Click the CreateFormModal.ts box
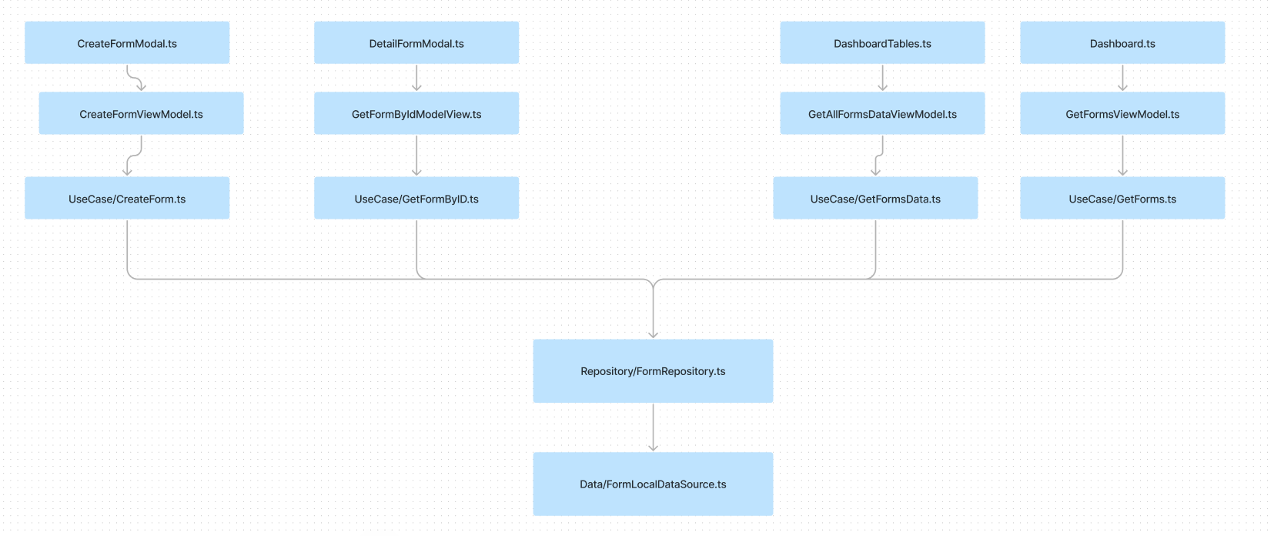tap(127, 43)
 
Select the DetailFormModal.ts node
tap(416, 43)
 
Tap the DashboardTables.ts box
tap(882, 43)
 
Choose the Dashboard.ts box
tap(1122, 43)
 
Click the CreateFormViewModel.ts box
tap(141, 114)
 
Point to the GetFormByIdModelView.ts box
tap(416, 114)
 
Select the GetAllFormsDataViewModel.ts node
tap(882, 114)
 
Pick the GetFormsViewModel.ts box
tap(1122, 114)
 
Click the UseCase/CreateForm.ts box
tap(127, 199)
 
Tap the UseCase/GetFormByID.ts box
tap(416, 199)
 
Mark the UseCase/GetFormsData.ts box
tap(875, 199)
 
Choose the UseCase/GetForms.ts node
tap(1122, 199)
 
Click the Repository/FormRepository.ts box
tap(653, 371)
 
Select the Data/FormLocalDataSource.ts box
tap(653, 484)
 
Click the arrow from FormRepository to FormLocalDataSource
tap(653, 427)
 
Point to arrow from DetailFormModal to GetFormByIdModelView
tap(416, 78)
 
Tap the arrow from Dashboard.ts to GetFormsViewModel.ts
tap(1122, 78)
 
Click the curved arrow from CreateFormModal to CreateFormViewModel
tap(134, 79)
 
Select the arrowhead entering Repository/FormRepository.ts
tap(653, 334)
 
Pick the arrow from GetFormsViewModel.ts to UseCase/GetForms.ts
tap(1122, 156)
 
